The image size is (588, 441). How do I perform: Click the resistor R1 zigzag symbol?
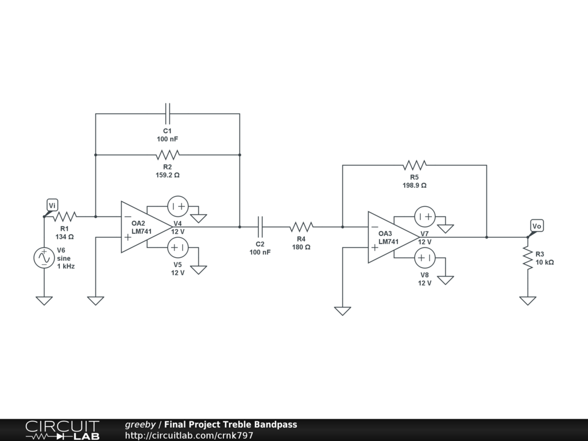click(65, 216)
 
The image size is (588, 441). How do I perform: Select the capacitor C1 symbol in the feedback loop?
click(168, 114)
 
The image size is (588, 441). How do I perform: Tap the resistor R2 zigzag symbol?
click(168, 154)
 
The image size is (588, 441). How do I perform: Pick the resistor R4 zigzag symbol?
click(301, 227)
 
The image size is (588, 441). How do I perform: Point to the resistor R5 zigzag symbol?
click(415, 165)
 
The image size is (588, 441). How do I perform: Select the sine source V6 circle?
click(44, 258)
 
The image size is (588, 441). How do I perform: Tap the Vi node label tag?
click(52, 206)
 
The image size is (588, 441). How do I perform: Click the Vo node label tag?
click(536, 226)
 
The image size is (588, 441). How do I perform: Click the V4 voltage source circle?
click(177, 206)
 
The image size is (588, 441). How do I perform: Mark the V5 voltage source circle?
click(177, 247)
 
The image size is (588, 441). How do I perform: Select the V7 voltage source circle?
click(425, 216)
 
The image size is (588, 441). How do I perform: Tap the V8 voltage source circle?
click(425, 258)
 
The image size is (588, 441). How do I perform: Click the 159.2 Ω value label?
click(168, 175)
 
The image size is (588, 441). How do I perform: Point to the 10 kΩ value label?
click(544, 262)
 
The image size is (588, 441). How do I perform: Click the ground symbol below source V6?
click(44, 300)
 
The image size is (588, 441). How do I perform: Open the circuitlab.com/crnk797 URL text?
click(189, 435)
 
